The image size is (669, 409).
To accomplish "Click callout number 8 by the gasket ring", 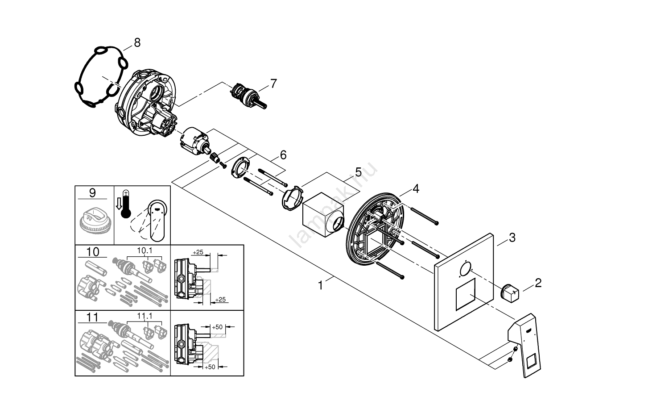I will pyautogui.click(x=137, y=42).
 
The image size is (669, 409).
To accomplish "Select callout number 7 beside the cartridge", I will pyautogui.click(x=273, y=83).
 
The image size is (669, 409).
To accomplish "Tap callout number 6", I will pyautogui.click(x=283, y=155).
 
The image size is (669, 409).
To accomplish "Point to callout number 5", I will pyautogui.click(x=358, y=172).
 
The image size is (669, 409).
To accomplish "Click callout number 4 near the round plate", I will pyautogui.click(x=416, y=189).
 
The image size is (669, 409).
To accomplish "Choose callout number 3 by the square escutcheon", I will pyautogui.click(x=512, y=238).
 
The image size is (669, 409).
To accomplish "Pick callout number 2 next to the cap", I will pyautogui.click(x=538, y=282).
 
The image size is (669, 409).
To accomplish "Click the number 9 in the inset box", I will pyautogui.click(x=92, y=193).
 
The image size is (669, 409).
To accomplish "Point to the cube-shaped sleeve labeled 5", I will pyautogui.click(x=323, y=215).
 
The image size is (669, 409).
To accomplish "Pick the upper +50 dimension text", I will pyautogui.click(x=217, y=327).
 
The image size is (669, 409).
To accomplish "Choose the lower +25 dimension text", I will pyautogui.click(x=220, y=299).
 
